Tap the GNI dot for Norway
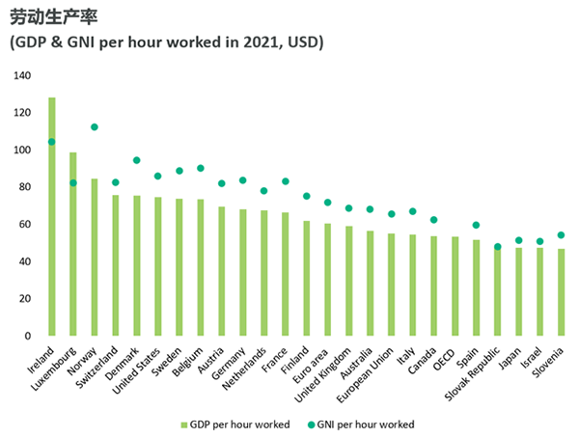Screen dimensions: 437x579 95,127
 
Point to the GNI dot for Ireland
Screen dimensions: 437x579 52,142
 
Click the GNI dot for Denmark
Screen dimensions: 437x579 137,160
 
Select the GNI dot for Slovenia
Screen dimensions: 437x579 561,235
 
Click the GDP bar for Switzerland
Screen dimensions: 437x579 116,265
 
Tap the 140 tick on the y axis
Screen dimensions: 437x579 22,75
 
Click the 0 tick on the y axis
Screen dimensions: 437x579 28,336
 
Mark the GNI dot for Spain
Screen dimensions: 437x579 476,225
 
